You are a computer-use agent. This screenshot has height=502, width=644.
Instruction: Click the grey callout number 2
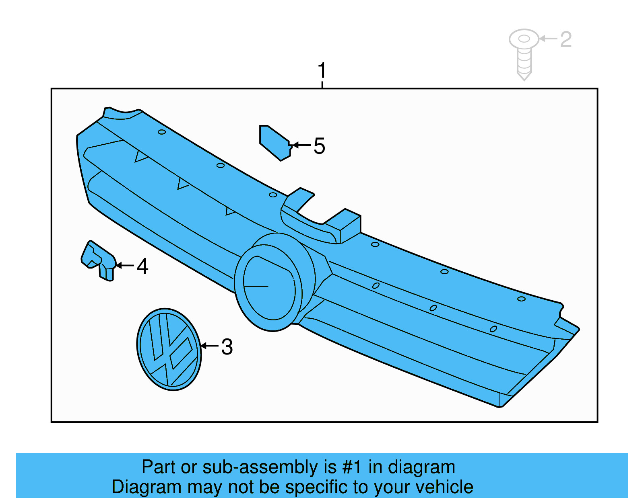point(566,39)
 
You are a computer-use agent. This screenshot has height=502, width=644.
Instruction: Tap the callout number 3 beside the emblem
point(227,347)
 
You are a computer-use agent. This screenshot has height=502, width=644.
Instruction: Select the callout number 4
point(142,266)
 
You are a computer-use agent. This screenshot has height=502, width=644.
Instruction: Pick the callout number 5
point(319,146)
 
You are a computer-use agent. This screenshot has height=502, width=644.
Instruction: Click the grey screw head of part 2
point(524,39)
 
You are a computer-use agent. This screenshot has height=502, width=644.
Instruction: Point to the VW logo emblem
point(169,349)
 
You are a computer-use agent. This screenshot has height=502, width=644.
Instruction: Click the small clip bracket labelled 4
point(99,260)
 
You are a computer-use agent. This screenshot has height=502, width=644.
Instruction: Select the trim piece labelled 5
point(275,143)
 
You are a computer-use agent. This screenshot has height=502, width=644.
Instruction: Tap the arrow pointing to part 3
point(209,346)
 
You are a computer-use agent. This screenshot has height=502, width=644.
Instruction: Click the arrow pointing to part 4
point(125,265)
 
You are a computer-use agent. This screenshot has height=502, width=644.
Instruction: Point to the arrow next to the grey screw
point(548,39)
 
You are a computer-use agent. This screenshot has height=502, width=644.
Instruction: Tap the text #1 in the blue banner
point(352,467)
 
